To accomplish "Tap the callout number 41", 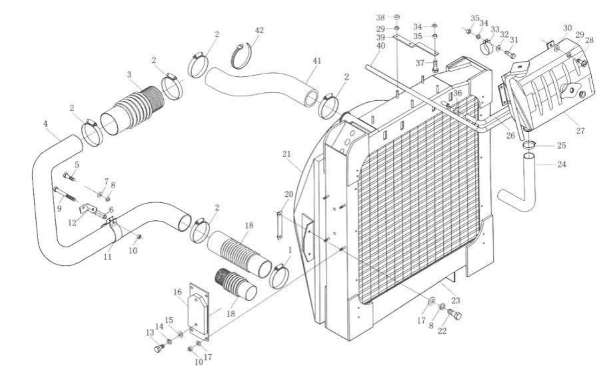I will [317, 61].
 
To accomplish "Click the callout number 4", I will [46, 124].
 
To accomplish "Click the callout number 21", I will [286, 154].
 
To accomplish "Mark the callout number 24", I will [562, 165].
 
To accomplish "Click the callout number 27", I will [580, 131].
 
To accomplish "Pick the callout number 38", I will [380, 17].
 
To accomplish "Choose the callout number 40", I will [380, 46].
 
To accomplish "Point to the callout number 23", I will [456, 300].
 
